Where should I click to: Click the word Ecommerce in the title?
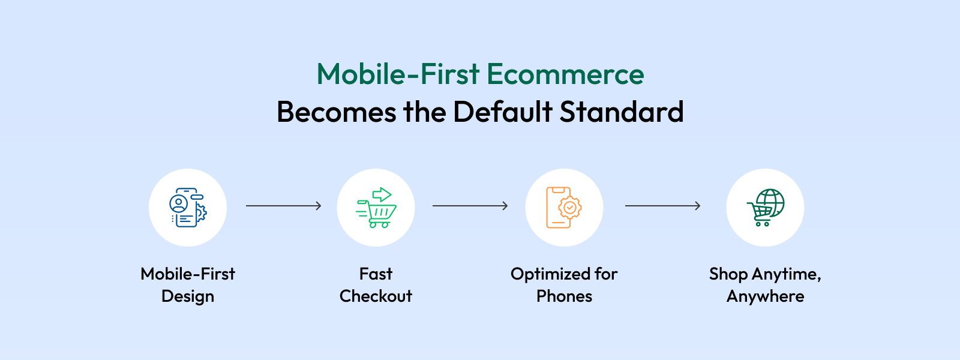565,74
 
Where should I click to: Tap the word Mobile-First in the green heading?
398,74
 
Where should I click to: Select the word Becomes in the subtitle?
337,112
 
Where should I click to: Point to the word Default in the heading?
502,112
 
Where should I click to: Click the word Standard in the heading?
622,112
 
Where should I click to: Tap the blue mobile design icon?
188,208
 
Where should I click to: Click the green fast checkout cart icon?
376,208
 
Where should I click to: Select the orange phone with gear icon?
563,208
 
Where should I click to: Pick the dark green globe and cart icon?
766,208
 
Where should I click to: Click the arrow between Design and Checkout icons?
283,206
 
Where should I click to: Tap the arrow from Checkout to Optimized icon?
470,206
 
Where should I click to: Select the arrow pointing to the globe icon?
662,206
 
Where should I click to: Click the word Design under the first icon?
188,296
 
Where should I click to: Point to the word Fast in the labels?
376,274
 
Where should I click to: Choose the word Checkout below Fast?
376,296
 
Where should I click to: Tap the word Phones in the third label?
564,296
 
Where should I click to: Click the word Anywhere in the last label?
766,296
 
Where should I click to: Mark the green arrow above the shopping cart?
382,194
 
